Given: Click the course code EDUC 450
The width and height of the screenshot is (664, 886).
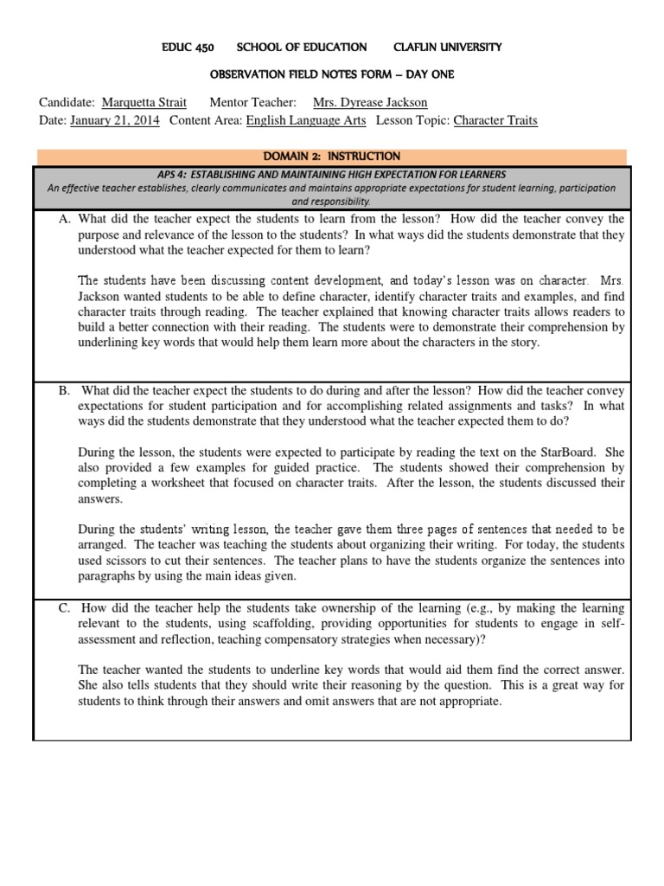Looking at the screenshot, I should click(188, 47).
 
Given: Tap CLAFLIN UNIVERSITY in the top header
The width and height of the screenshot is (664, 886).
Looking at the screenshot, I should click(447, 47).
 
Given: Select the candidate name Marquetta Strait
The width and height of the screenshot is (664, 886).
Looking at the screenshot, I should click(143, 103).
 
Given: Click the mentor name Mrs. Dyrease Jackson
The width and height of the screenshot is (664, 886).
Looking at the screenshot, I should click(369, 103).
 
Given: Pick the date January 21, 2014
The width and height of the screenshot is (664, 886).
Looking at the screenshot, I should click(114, 121).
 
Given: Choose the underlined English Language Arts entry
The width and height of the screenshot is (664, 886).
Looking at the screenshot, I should click(306, 121).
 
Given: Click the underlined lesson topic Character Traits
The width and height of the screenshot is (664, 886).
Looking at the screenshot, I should click(495, 121).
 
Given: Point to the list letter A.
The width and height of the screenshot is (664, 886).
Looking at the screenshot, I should click(64, 220).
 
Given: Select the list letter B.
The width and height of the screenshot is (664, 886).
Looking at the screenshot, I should click(64, 391).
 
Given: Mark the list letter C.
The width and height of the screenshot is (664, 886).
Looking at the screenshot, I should click(64, 608).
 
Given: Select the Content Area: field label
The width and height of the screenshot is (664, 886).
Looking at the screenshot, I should click(206, 121).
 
